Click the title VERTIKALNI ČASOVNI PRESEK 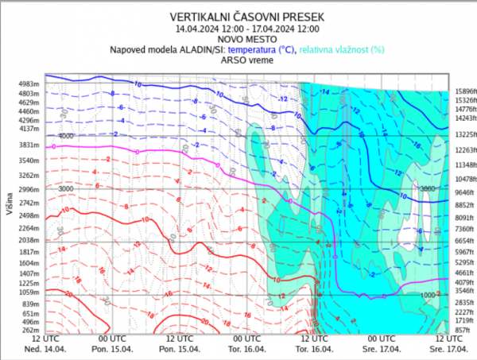pos(238,15)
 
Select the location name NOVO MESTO pos(238,37)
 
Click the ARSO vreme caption pos(238,60)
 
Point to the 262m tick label pos(30,329)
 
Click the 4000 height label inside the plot pos(65,137)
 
